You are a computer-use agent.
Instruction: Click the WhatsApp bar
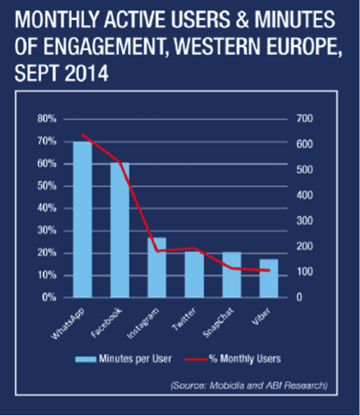tap(83, 219)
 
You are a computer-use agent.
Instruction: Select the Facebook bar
tap(120, 230)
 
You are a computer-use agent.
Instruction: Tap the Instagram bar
tap(157, 267)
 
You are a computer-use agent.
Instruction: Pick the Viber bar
tap(269, 278)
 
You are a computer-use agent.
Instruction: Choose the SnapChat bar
tap(232, 275)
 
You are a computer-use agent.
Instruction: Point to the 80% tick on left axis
tap(47, 118)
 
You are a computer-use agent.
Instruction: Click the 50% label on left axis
tap(47, 186)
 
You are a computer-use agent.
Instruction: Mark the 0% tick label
tap(49, 298)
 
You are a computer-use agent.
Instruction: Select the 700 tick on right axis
tap(305, 118)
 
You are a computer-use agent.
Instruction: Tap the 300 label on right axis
tap(305, 221)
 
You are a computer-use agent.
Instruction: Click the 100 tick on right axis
tap(305, 272)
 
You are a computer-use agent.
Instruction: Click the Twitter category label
tap(184, 319)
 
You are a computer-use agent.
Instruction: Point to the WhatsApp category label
tap(68, 323)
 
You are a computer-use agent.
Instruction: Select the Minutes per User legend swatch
tap(86, 359)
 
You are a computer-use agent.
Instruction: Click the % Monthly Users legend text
tap(245, 359)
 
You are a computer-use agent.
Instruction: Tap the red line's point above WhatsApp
tap(83, 134)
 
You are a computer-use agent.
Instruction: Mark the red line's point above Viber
tap(269, 270)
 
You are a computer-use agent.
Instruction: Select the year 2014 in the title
tap(87, 73)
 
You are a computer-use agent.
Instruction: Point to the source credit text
tap(249, 385)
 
